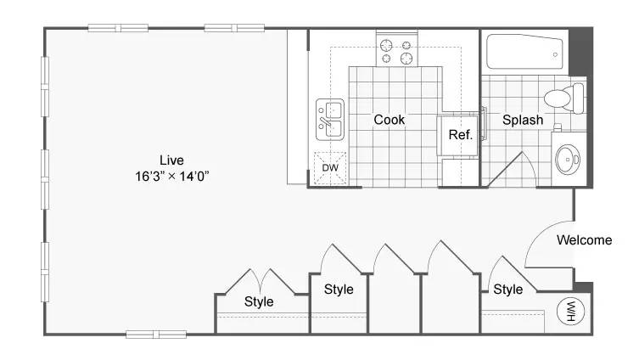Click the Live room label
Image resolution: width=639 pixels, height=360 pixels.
(171, 160)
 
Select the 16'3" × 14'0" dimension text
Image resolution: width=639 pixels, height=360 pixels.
(172, 176)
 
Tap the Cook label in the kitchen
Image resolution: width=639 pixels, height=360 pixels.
(390, 120)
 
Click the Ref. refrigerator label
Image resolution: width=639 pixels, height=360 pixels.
(461, 134)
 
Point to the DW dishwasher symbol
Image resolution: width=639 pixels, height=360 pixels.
(330, 167)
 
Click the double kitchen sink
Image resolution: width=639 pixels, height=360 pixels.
(330, 120)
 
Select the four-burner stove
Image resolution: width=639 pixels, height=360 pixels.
(396, 52)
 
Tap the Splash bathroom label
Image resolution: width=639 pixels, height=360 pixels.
(523, 120)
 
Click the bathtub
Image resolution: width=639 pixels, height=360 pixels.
(525, 52)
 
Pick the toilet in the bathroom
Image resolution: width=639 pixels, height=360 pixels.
(564, 98)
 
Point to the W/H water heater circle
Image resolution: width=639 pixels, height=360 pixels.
(570, 312)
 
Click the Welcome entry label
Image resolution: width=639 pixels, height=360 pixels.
(585, 240)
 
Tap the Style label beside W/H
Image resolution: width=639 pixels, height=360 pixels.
(507, 290)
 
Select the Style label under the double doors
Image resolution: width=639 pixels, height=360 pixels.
(259, 301)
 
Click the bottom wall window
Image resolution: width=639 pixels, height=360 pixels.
(156, 335)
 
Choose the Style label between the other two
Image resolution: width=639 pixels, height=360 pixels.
(339, 290)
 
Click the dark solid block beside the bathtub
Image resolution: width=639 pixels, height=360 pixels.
(580, 52)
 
